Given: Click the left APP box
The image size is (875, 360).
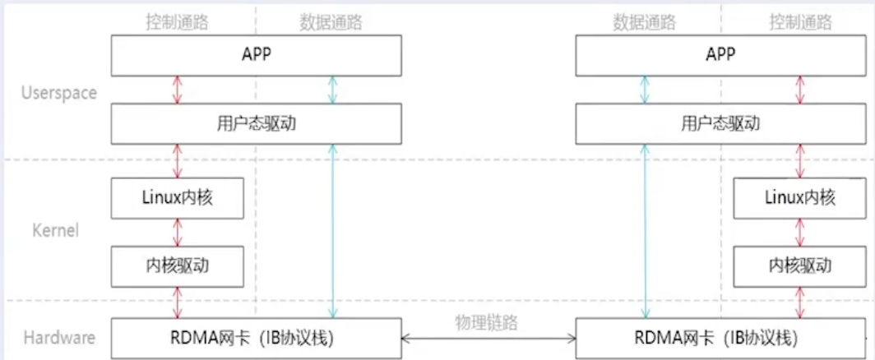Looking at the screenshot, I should tap(256, 55).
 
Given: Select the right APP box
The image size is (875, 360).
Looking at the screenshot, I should tap(720, 55).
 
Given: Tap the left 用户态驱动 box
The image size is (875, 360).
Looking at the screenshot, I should tap(256, 124).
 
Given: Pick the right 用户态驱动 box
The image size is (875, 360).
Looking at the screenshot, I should tap(720, 124).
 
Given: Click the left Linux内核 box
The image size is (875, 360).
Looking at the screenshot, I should tap(178, 198).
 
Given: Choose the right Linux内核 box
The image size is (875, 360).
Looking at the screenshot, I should tap(799, 198).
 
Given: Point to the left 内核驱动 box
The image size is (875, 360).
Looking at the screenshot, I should tap(178, 265).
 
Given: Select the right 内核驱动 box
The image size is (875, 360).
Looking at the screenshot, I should tap(799, 265).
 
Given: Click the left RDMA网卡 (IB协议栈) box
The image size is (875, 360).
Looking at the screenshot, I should tap(256, 338).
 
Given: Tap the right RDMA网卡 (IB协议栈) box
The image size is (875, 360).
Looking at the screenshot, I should tap(720, 338).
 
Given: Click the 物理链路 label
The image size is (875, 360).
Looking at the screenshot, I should tap(487, 322).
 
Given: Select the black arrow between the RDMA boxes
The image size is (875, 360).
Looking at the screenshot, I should tap(488, 338).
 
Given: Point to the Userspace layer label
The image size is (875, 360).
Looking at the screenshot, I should tap(58, 93).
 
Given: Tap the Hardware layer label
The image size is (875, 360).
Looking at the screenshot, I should tap(58, 337).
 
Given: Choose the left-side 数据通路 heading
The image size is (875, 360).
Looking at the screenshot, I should tap(332, 22).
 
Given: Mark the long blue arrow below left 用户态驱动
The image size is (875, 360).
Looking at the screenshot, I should tap(332, 231).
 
